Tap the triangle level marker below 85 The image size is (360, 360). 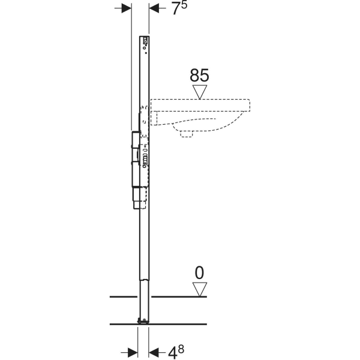pos(199,91)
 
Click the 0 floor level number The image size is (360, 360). pos(199,273)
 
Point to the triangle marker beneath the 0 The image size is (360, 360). pos(199,289)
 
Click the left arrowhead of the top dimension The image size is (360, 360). pos(126,8)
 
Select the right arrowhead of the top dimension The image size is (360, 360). pos(154,8)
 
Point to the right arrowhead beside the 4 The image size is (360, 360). pos(154,350)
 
